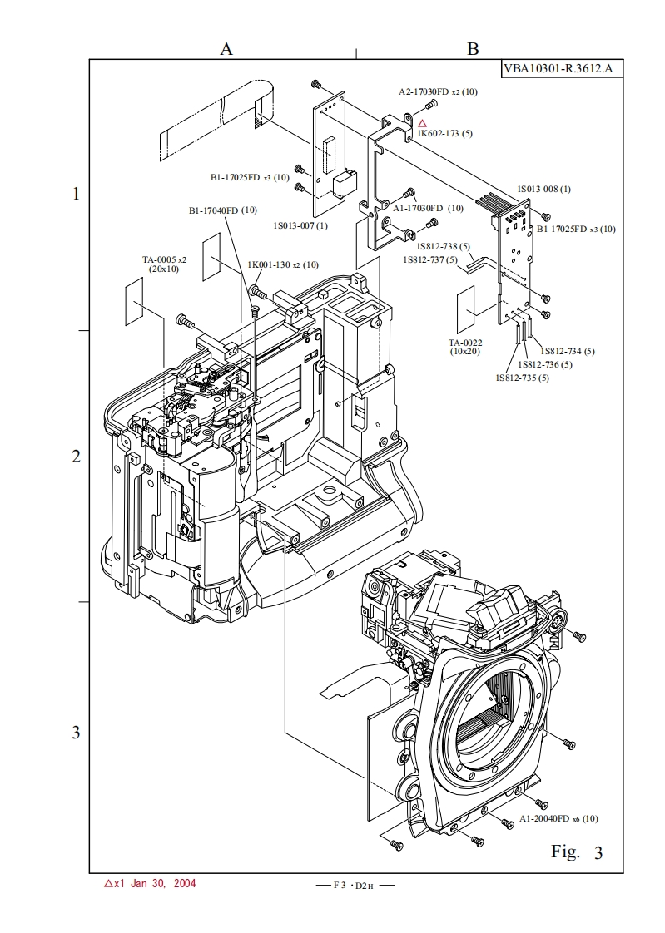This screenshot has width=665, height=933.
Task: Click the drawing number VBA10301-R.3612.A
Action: pyautogui.click(x=562, y=68)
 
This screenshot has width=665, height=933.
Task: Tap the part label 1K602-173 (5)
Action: pyautogui.click(x=445, y=133)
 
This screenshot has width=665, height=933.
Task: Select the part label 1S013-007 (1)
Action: pyautogui.click(x=300, y=225)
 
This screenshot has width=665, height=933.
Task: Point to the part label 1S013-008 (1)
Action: pyautogui.click(x=544, y=189)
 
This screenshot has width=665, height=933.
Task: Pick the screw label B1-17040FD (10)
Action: pyautogui.click(x=223, y=210)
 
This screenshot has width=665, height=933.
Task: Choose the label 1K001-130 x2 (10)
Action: pyautogui.click(x=283, y=264)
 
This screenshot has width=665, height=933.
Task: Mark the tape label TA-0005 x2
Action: pyautogui.click(x=164, y=259)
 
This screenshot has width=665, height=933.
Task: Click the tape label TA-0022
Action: pyautogui.click(x=466, y=343)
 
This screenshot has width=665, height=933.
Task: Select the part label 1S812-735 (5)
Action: pyautogui.click(x=522, y=378)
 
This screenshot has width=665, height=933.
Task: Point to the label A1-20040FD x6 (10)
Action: pyautogui.click(x=558, y=818)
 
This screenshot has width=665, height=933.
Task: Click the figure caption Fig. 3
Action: pyautogui.click(x=576, y=852)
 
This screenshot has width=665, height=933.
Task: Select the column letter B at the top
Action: pyautogui.click(x=473, y=49)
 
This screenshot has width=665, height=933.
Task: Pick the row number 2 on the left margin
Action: pyautogui.click(x=76, y=457)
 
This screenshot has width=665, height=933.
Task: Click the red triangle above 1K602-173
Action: pyautogui.click(x=422, y=123)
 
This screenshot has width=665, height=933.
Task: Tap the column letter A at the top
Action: pyautogui.click(x=226, y=49)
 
